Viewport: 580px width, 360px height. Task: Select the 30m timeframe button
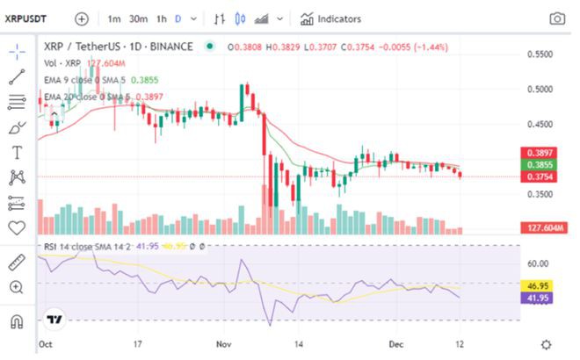[138, 18]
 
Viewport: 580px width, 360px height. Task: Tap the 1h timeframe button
[162, 18]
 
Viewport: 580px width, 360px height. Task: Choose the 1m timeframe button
[114, 18]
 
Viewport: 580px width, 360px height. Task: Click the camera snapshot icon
[557, 18]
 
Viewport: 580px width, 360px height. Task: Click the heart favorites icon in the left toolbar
[16, 227]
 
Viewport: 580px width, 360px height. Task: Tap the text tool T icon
[16, 153]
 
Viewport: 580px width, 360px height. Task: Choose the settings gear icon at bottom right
[546, 345]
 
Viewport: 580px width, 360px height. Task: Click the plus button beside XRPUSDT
[82, 18]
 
